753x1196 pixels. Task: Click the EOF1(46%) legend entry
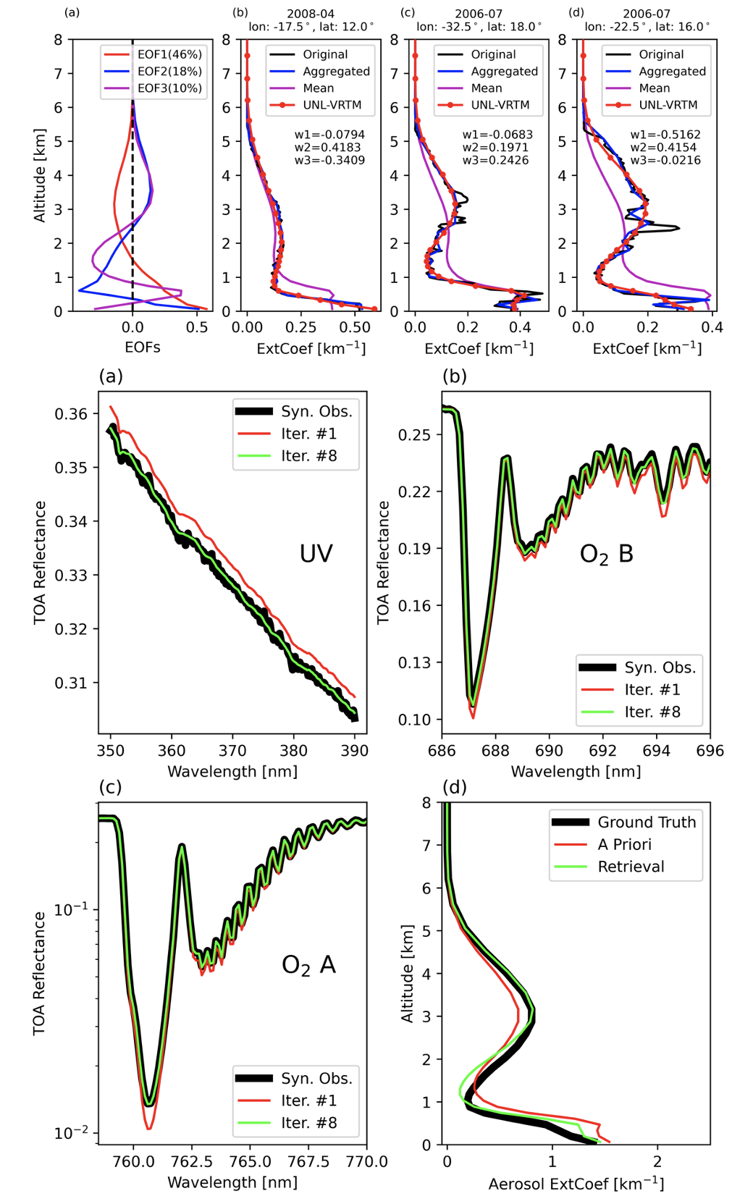point(169,54)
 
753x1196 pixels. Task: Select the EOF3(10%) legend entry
point(169,88)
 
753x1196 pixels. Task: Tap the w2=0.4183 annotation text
point(329,147)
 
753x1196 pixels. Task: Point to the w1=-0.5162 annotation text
point(665,135)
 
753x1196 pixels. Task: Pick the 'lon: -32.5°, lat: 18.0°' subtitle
point(479,27)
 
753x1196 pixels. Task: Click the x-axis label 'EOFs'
point(143,348)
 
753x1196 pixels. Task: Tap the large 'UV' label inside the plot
point(316,554)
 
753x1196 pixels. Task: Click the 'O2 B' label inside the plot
point(606,555)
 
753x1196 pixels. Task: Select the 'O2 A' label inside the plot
point(308,965)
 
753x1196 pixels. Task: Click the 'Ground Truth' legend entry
point(646,822)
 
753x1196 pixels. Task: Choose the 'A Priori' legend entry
point(624,844)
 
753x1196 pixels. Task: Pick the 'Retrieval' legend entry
point(631,867)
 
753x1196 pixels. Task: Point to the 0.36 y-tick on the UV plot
point(71,414)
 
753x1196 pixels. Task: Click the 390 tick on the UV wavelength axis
point(355,751)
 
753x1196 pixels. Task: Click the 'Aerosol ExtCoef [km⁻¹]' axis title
point(576,1184)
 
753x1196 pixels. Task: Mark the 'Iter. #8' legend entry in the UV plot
point(309,456)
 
